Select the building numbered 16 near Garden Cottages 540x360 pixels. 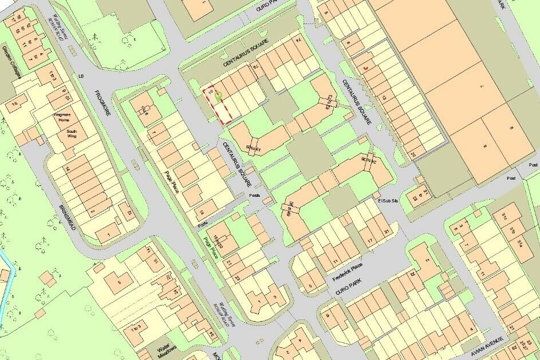(x=17, y=103)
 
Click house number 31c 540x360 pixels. (x=504, y=216)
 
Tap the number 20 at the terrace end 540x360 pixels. (x=413, y=155)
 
